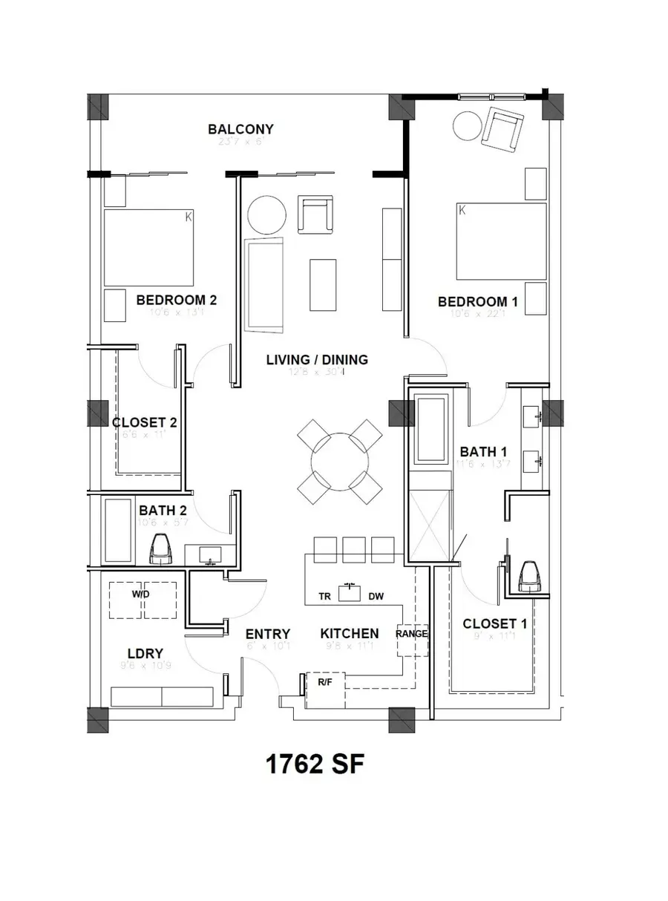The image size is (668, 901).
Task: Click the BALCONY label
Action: tap(240, 129)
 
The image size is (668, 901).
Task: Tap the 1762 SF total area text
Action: tap(315, 764)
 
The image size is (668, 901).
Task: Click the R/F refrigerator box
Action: tap(325, 686)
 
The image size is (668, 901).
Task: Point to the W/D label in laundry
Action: tap(141, 594)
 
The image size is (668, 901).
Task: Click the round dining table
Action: tap(340, 461)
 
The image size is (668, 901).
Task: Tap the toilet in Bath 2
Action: tap(160, 550)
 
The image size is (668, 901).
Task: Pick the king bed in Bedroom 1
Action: tap(501, 241)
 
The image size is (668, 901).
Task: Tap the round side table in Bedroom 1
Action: tap(468, 125)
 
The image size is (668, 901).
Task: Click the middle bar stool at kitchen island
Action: tap(354, 549)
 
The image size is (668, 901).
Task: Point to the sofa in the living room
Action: tap(266, 285)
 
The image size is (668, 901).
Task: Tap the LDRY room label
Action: tap(145, 653)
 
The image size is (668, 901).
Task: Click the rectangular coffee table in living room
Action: tap(323, 284)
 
